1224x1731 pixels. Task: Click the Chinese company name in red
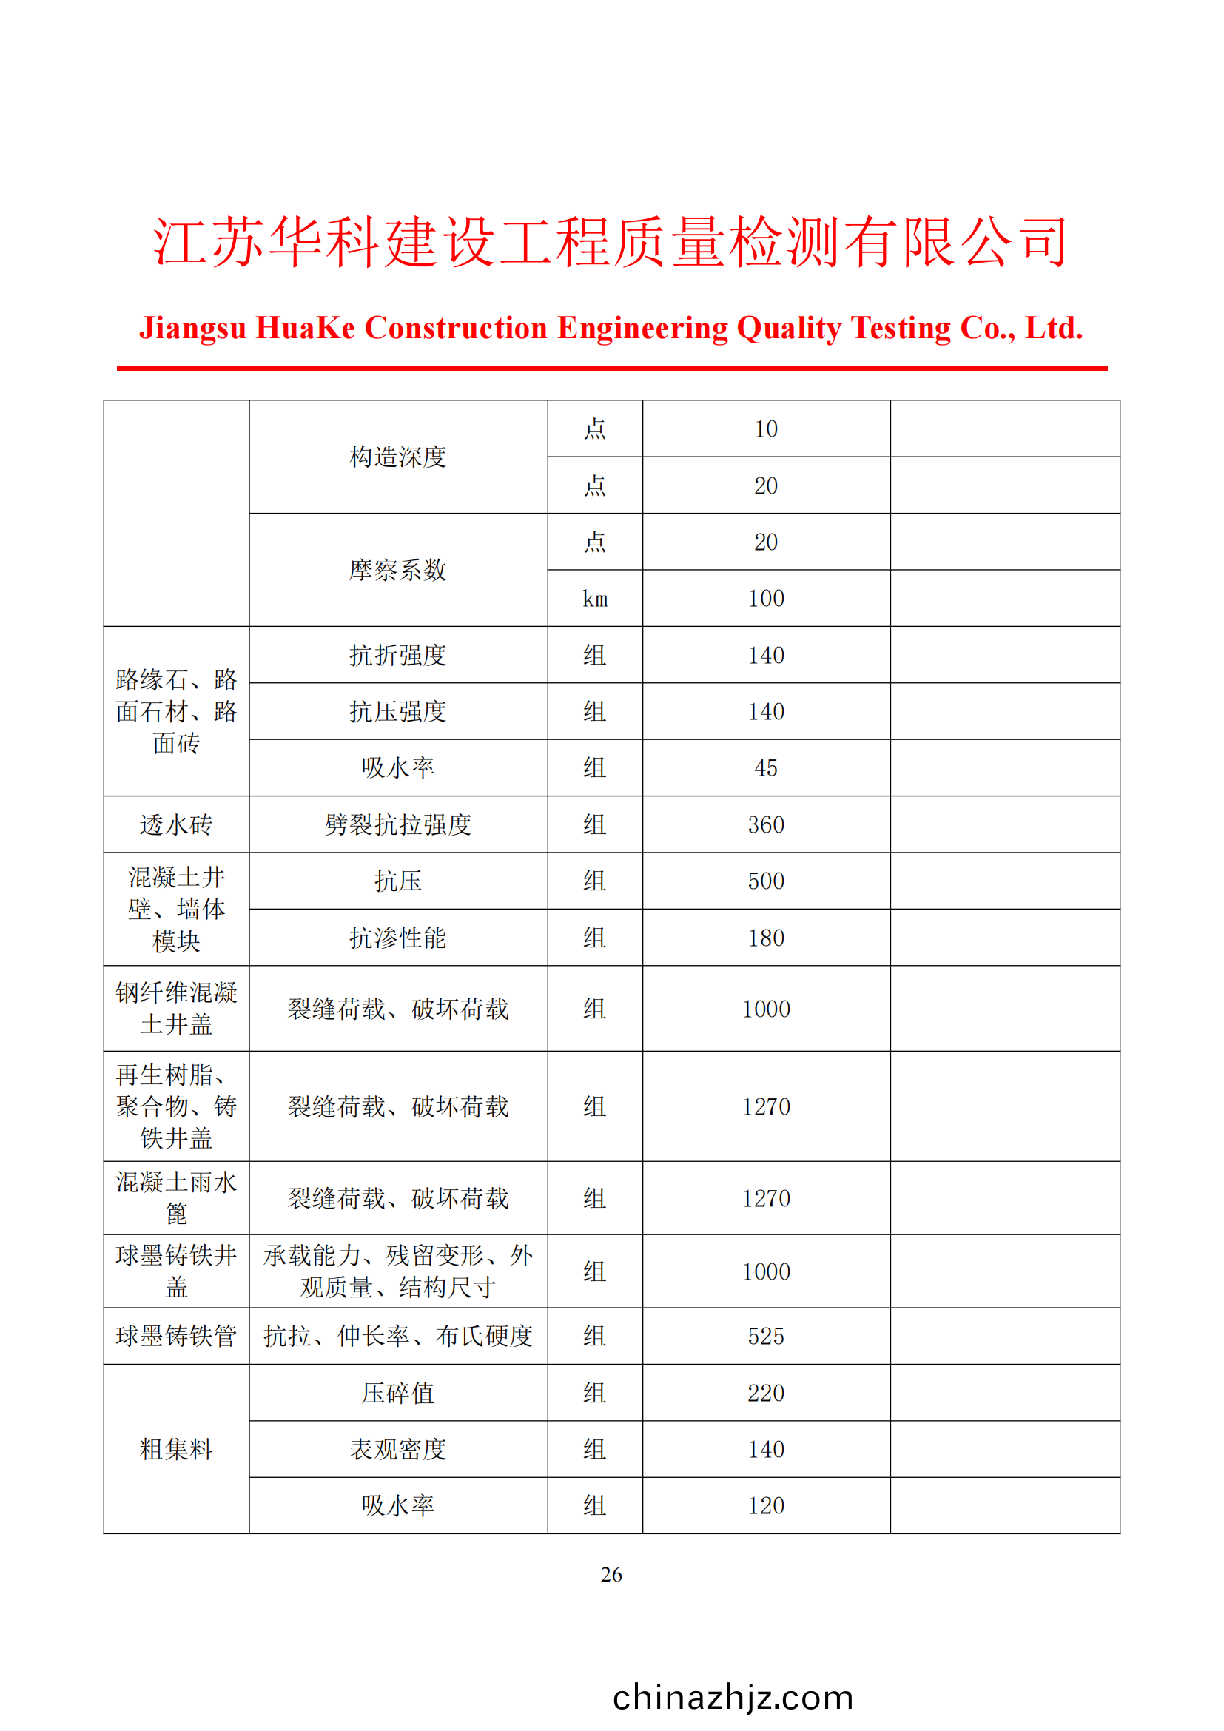[611, 242]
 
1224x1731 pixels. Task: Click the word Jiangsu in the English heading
[193, 328]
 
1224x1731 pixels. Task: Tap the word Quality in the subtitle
[788, 328]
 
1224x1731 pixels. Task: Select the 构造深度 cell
[398, 457]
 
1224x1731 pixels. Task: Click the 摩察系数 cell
[398, 570]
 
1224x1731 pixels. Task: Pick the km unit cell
[595, 599]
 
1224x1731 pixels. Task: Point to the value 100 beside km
[766, 599]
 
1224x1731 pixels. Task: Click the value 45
[766, 768]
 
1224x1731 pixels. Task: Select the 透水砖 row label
[176, 824]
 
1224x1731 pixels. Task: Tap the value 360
[766, 824]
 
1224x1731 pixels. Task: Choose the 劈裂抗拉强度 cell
[398, 824]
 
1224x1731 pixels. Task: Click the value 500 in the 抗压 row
[766, 881]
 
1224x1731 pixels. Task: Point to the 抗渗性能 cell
[398, 938]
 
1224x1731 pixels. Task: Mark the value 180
[766, 938]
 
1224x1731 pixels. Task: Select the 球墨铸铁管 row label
[176, 1336]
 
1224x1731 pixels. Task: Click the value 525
[766, 1336]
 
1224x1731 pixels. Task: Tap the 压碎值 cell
[398, 1393]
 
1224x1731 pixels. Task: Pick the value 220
[766, 1393]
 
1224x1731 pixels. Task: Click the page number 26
[611, 1574]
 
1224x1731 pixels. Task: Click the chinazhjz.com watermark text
[733, 1697]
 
